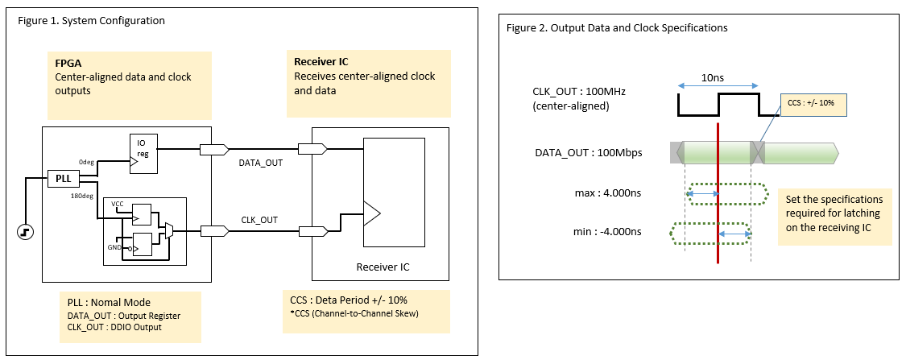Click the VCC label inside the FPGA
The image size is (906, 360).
point(118,204)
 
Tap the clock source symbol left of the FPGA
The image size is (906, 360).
point(27,233)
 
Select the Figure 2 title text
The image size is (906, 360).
point(617,27)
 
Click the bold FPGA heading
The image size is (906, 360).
point(68,63)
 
